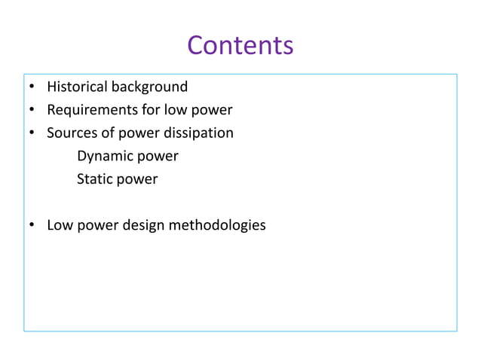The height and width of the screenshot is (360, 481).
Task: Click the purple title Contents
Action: (x=240, y=45)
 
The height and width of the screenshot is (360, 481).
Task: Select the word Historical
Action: (x=78, y=87)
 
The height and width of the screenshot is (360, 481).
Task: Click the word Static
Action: (x=94, y=180)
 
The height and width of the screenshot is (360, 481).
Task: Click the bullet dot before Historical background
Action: (x=32, y=87)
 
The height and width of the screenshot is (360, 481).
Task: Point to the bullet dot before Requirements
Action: (x=32, y=111)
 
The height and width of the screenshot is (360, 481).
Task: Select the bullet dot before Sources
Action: (x=32, y=134)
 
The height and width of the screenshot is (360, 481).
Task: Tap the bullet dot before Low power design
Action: (x=32, y=226)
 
